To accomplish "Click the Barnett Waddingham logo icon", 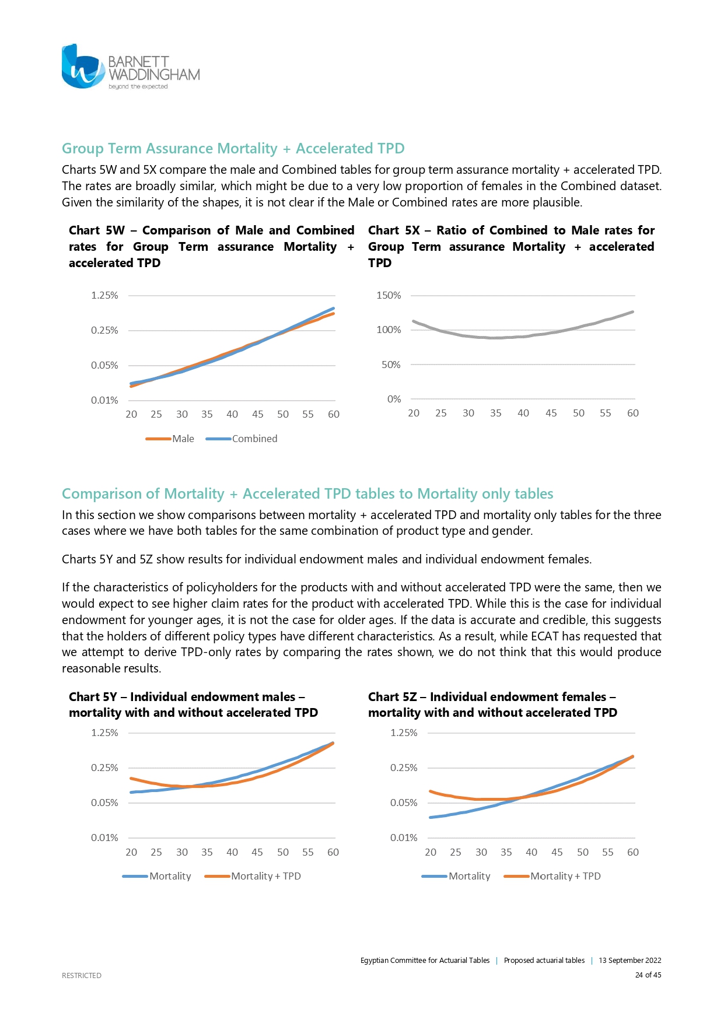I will pos(83,67).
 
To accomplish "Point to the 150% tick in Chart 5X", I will pos(389,296).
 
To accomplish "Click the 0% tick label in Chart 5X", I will pos(394,400).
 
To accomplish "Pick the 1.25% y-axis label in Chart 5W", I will pos(104,296).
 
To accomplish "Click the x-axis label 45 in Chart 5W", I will pos(258,414).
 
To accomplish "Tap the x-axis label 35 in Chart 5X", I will pos(496,413).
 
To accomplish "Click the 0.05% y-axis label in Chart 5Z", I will pos(404,803).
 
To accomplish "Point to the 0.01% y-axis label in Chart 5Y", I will pos(104,838).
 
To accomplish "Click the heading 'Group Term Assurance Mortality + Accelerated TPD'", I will pos(233,149).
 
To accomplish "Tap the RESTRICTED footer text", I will pos(82,975).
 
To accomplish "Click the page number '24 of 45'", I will pos(648,975).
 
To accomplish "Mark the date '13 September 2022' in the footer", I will pos(629,961).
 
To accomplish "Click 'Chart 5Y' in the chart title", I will pos(93,697).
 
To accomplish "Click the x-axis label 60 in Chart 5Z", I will pos(633,852).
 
